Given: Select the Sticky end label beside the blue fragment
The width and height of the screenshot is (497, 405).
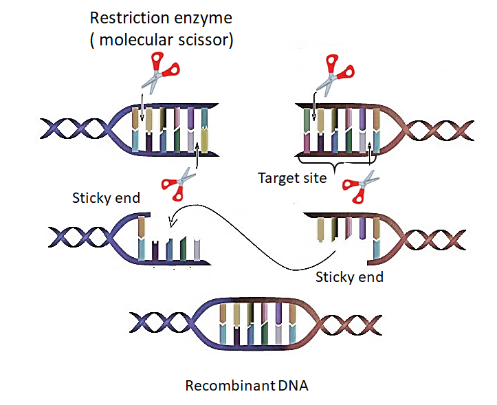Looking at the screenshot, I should point(106,198).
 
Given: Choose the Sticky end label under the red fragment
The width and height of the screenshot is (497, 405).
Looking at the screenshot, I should point(349,278).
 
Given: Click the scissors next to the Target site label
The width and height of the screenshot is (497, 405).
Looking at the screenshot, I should point(360,186).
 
